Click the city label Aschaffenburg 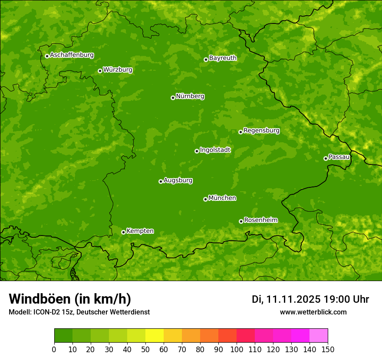pos(72,55)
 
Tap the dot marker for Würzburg pos(100,71)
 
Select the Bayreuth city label pos(223,58)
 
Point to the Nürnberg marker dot pos(173,98)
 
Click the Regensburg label pos(261,130)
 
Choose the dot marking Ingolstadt pos(197,151)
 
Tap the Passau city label pos(339,157)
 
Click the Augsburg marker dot pos(161,181)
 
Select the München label pos(222,198)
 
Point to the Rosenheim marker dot pos(241,221)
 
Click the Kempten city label pos(140,231)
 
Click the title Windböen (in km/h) pos(70,299)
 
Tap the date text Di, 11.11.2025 pos(286,299)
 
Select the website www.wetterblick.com pos(313,312)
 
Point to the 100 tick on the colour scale pos(237,349)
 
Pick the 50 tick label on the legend pos(145,349)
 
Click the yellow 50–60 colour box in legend pos(155,336)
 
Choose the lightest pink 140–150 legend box pos(319,336)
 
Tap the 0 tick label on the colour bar pos(54,349)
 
